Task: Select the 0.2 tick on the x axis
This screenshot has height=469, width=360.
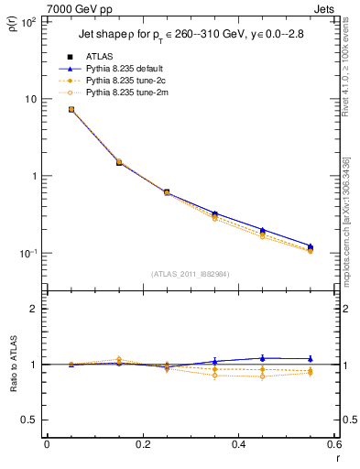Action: [142, 445]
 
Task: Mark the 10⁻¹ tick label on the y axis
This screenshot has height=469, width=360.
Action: [29, 253]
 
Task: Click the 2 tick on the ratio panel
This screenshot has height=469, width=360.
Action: [35, 309]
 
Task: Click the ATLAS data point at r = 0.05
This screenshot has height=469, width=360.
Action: [71, 109]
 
